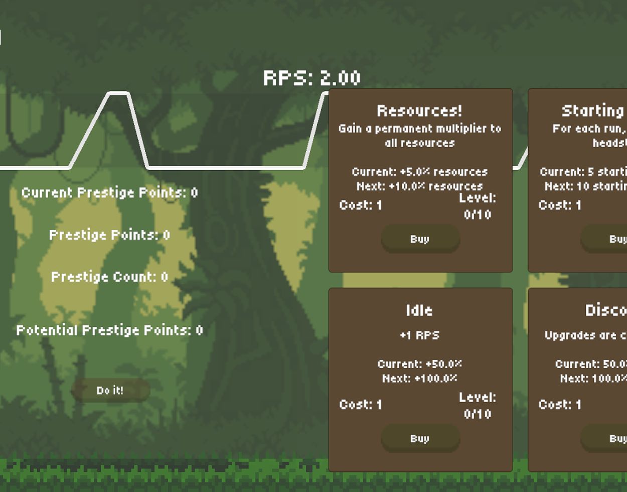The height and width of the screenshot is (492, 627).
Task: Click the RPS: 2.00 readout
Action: click(311, 78)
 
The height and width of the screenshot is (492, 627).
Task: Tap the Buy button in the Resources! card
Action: click(420, 239)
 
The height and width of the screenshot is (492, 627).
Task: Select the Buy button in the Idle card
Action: click(420, 438)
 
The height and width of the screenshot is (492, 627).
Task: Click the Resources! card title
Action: click(419, 110)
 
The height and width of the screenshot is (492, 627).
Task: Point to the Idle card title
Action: click(419, 310)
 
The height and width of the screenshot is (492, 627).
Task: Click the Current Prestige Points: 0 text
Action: click(110, 193)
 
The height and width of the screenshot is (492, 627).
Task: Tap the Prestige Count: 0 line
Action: click(110, 277)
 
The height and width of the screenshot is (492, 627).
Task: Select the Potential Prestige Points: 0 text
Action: click(110, 330)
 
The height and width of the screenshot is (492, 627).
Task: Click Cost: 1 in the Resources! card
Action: click(361, 205)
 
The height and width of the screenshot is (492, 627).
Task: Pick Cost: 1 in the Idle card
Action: click(361, 404)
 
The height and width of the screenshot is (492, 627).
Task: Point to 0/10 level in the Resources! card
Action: click(477, 214)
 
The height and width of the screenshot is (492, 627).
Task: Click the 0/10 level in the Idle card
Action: click(477, 414)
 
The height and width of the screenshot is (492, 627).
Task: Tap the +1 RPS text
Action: click(419, 335)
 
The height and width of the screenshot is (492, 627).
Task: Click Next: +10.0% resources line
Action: click(419, 186)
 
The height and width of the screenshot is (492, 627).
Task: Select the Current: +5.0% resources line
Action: click(419, 172)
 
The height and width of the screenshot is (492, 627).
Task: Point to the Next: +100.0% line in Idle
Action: click(419, 378)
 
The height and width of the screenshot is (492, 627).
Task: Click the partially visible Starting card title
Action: click(592, 110)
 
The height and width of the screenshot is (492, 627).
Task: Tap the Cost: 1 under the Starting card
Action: click(560, 205)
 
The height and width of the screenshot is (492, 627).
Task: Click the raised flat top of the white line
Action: click(118, 93)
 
